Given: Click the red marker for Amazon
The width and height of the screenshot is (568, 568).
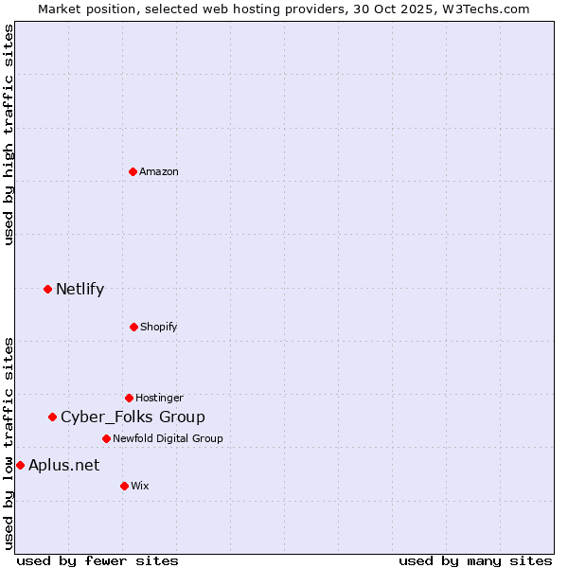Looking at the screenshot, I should (x=133, y=171).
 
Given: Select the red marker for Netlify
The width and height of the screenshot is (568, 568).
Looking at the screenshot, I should (x=47, y=289).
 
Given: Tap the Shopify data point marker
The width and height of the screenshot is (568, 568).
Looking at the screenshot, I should (x=133, y=327).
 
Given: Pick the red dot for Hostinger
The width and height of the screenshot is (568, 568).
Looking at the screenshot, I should (x=129, y=398).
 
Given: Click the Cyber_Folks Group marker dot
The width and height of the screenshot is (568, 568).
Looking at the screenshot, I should (x=53, y=417).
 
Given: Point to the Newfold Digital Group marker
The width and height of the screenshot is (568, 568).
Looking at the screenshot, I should (x=106, y=438).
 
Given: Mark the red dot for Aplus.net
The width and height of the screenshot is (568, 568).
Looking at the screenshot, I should (x=20, y=465).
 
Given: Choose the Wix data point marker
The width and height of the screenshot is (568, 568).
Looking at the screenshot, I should (x=124, y=486).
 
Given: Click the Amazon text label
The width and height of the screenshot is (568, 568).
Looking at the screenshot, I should (x=159, y=171).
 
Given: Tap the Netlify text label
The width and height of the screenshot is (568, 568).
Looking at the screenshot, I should (x=80, y=289).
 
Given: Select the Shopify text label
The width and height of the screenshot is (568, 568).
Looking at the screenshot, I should (x=159, y=327).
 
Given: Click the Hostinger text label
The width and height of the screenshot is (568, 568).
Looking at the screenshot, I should (x=159, y=398).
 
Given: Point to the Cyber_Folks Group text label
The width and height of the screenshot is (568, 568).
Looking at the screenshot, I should (x=133, y=417).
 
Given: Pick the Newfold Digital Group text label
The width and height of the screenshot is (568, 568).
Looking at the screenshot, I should (x=168, y=438).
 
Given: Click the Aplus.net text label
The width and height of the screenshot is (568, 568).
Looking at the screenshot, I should (x=64, y=465).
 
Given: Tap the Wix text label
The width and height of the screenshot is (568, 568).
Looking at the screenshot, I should (x=140, y=486).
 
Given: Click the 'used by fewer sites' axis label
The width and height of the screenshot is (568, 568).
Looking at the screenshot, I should (x=98, y=560).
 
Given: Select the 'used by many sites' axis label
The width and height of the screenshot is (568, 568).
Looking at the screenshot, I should (x=475, y=560).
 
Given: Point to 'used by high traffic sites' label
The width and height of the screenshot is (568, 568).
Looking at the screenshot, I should (x=9, y=134).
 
